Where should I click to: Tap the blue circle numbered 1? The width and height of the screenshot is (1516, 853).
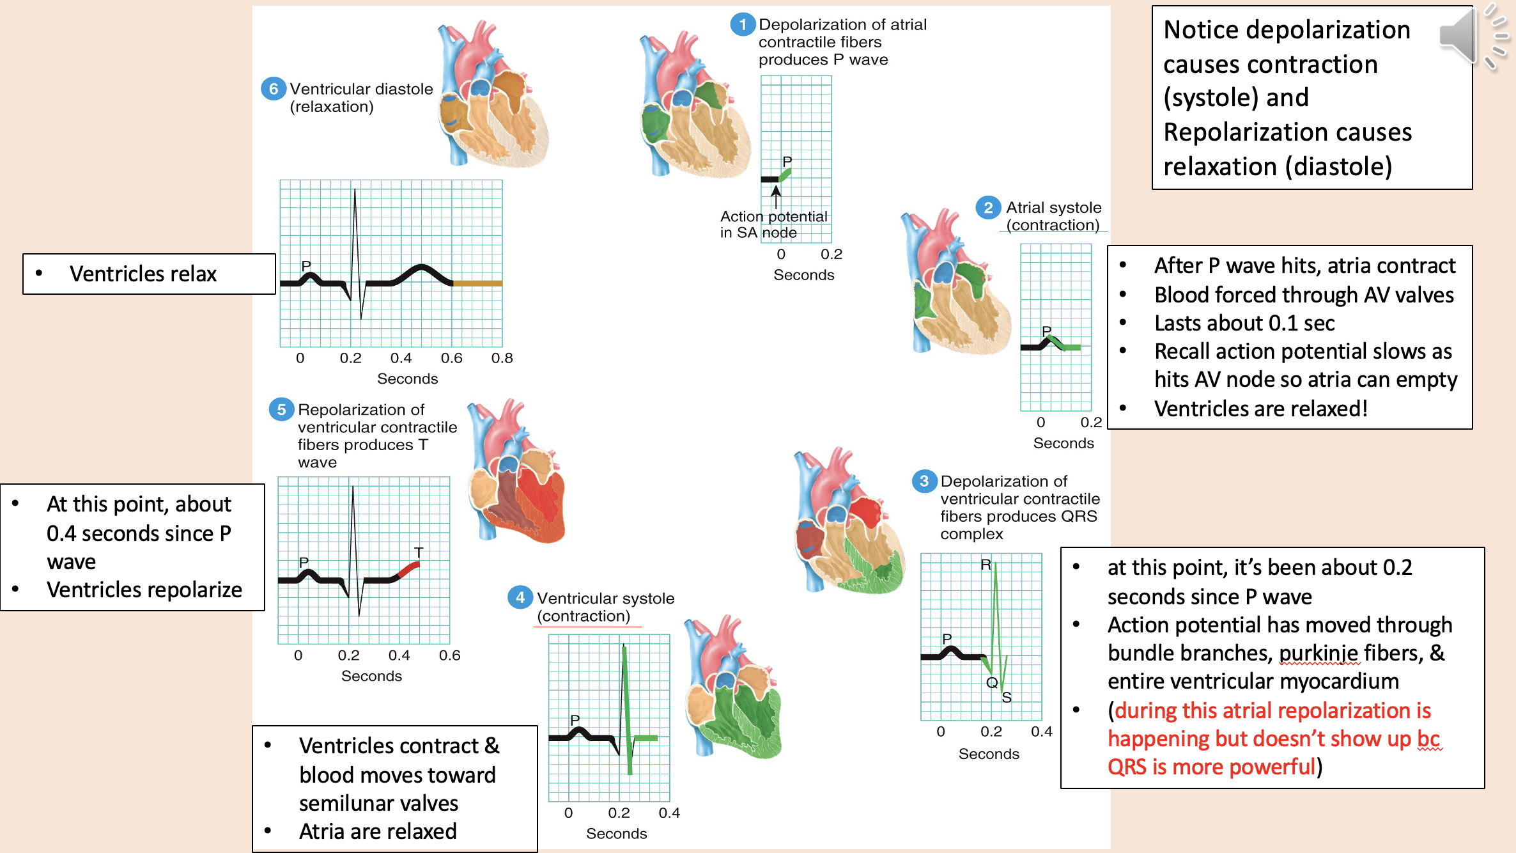point(742,25)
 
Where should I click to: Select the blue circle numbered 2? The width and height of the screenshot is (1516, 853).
point(988,208)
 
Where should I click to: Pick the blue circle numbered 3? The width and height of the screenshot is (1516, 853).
point(924,481)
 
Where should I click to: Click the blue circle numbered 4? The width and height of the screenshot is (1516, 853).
point(520,597)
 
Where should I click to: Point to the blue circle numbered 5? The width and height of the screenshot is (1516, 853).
point(281,409)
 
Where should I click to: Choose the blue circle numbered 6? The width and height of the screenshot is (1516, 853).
point(274,89)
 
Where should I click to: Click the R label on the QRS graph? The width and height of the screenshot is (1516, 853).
point(986,565)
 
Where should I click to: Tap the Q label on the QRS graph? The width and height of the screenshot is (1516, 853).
point(991,682)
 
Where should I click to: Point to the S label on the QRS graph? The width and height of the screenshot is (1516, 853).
point(1007,698)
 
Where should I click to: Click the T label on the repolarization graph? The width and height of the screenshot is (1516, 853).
point(419,552)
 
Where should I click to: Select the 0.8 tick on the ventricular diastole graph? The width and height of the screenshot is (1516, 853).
point(502,358)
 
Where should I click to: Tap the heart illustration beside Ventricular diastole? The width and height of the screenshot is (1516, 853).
point(492,96)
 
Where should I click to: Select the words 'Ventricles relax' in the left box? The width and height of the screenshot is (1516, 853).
point(143,274)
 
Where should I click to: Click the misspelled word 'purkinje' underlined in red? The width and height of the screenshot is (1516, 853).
point(1319,653)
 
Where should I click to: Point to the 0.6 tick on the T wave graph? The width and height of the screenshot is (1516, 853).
point(449,655)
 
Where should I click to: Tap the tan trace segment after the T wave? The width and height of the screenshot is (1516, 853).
point(477,283)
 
